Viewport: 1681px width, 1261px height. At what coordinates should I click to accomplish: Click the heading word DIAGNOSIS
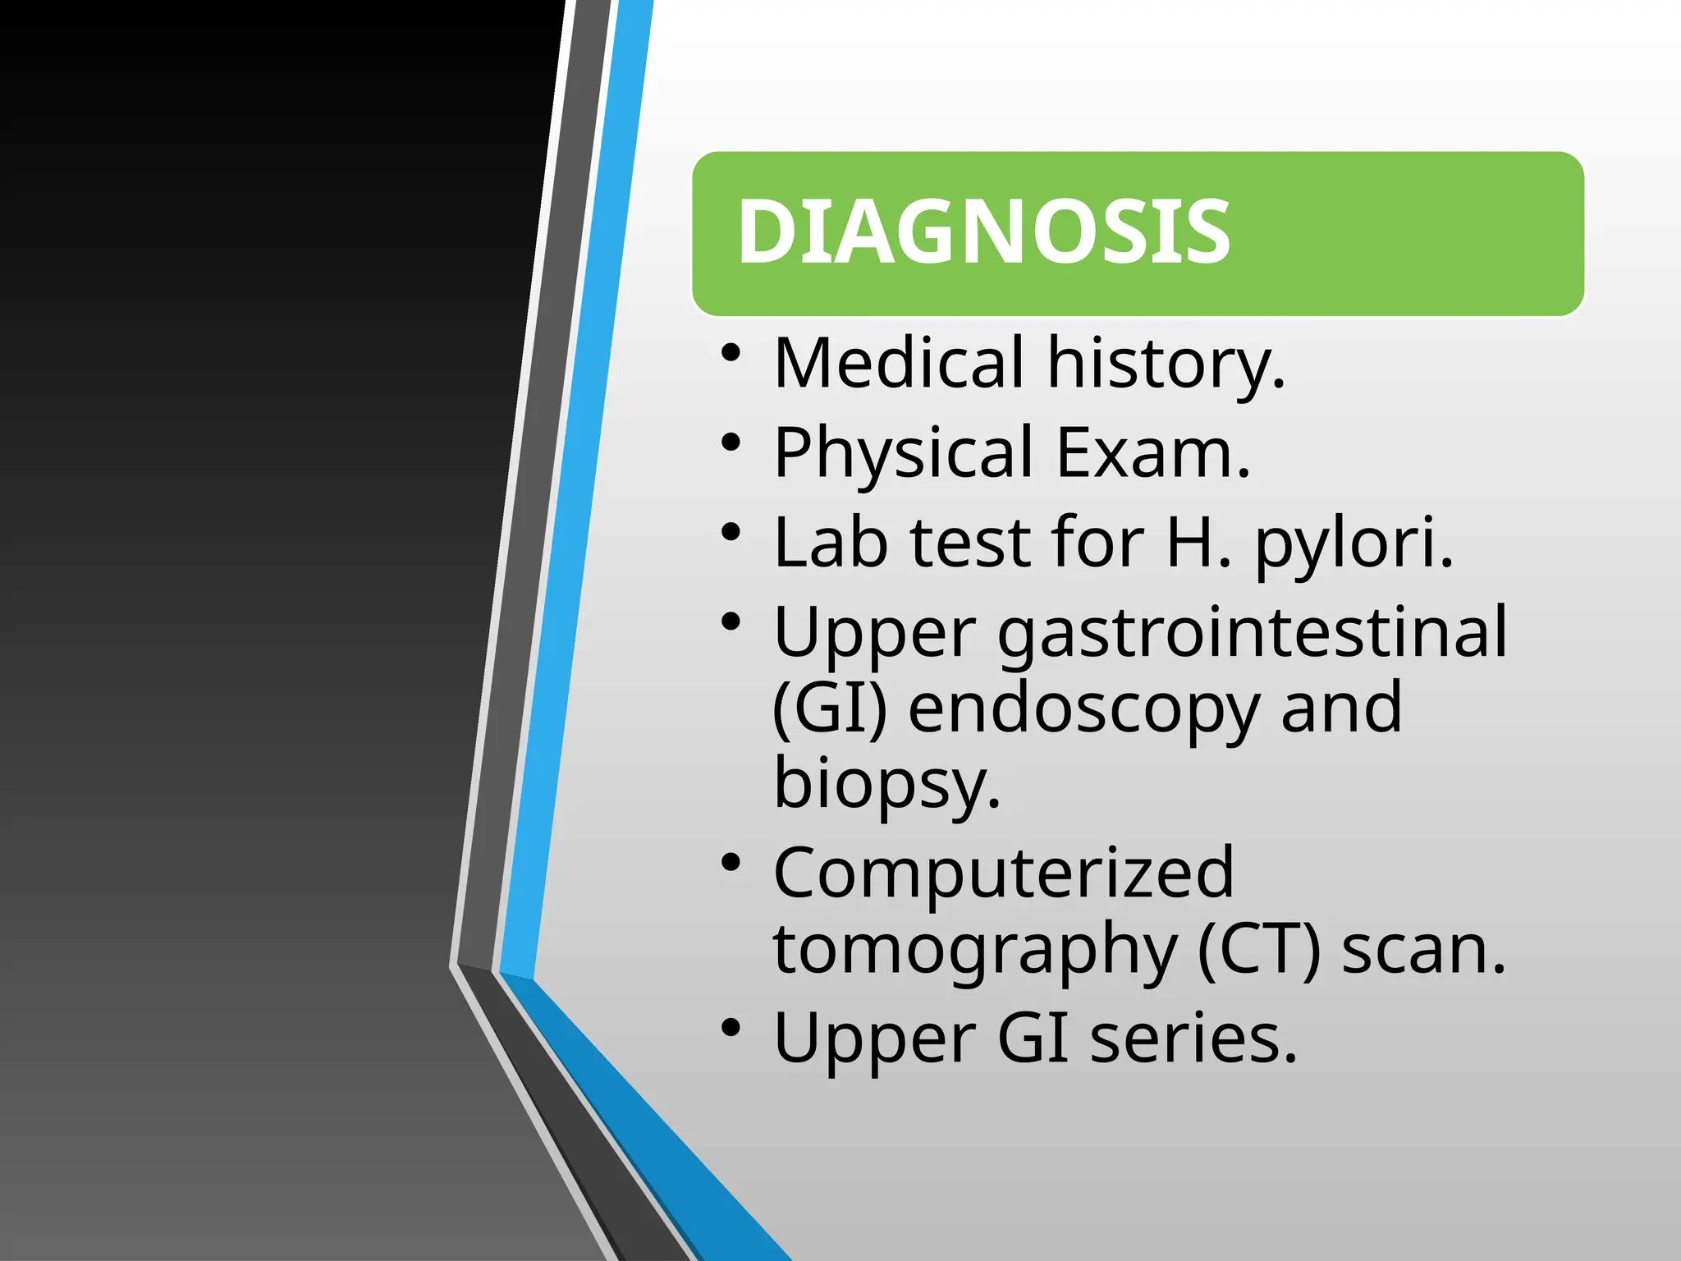point(983,232)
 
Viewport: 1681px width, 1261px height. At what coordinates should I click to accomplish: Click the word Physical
point(903,453)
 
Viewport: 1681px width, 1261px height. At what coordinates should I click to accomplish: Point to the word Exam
point(1152,453)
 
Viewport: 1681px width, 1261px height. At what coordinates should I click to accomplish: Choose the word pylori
point(1354,543)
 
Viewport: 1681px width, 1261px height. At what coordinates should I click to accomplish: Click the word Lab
point(830,543)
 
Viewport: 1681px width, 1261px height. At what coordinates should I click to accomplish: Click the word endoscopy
point(1083,709)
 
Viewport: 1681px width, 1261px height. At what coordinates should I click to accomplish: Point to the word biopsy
point(886,783)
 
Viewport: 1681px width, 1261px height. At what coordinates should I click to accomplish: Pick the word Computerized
point(1003,874)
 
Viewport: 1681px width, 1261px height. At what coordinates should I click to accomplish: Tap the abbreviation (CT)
point(1259,949)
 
